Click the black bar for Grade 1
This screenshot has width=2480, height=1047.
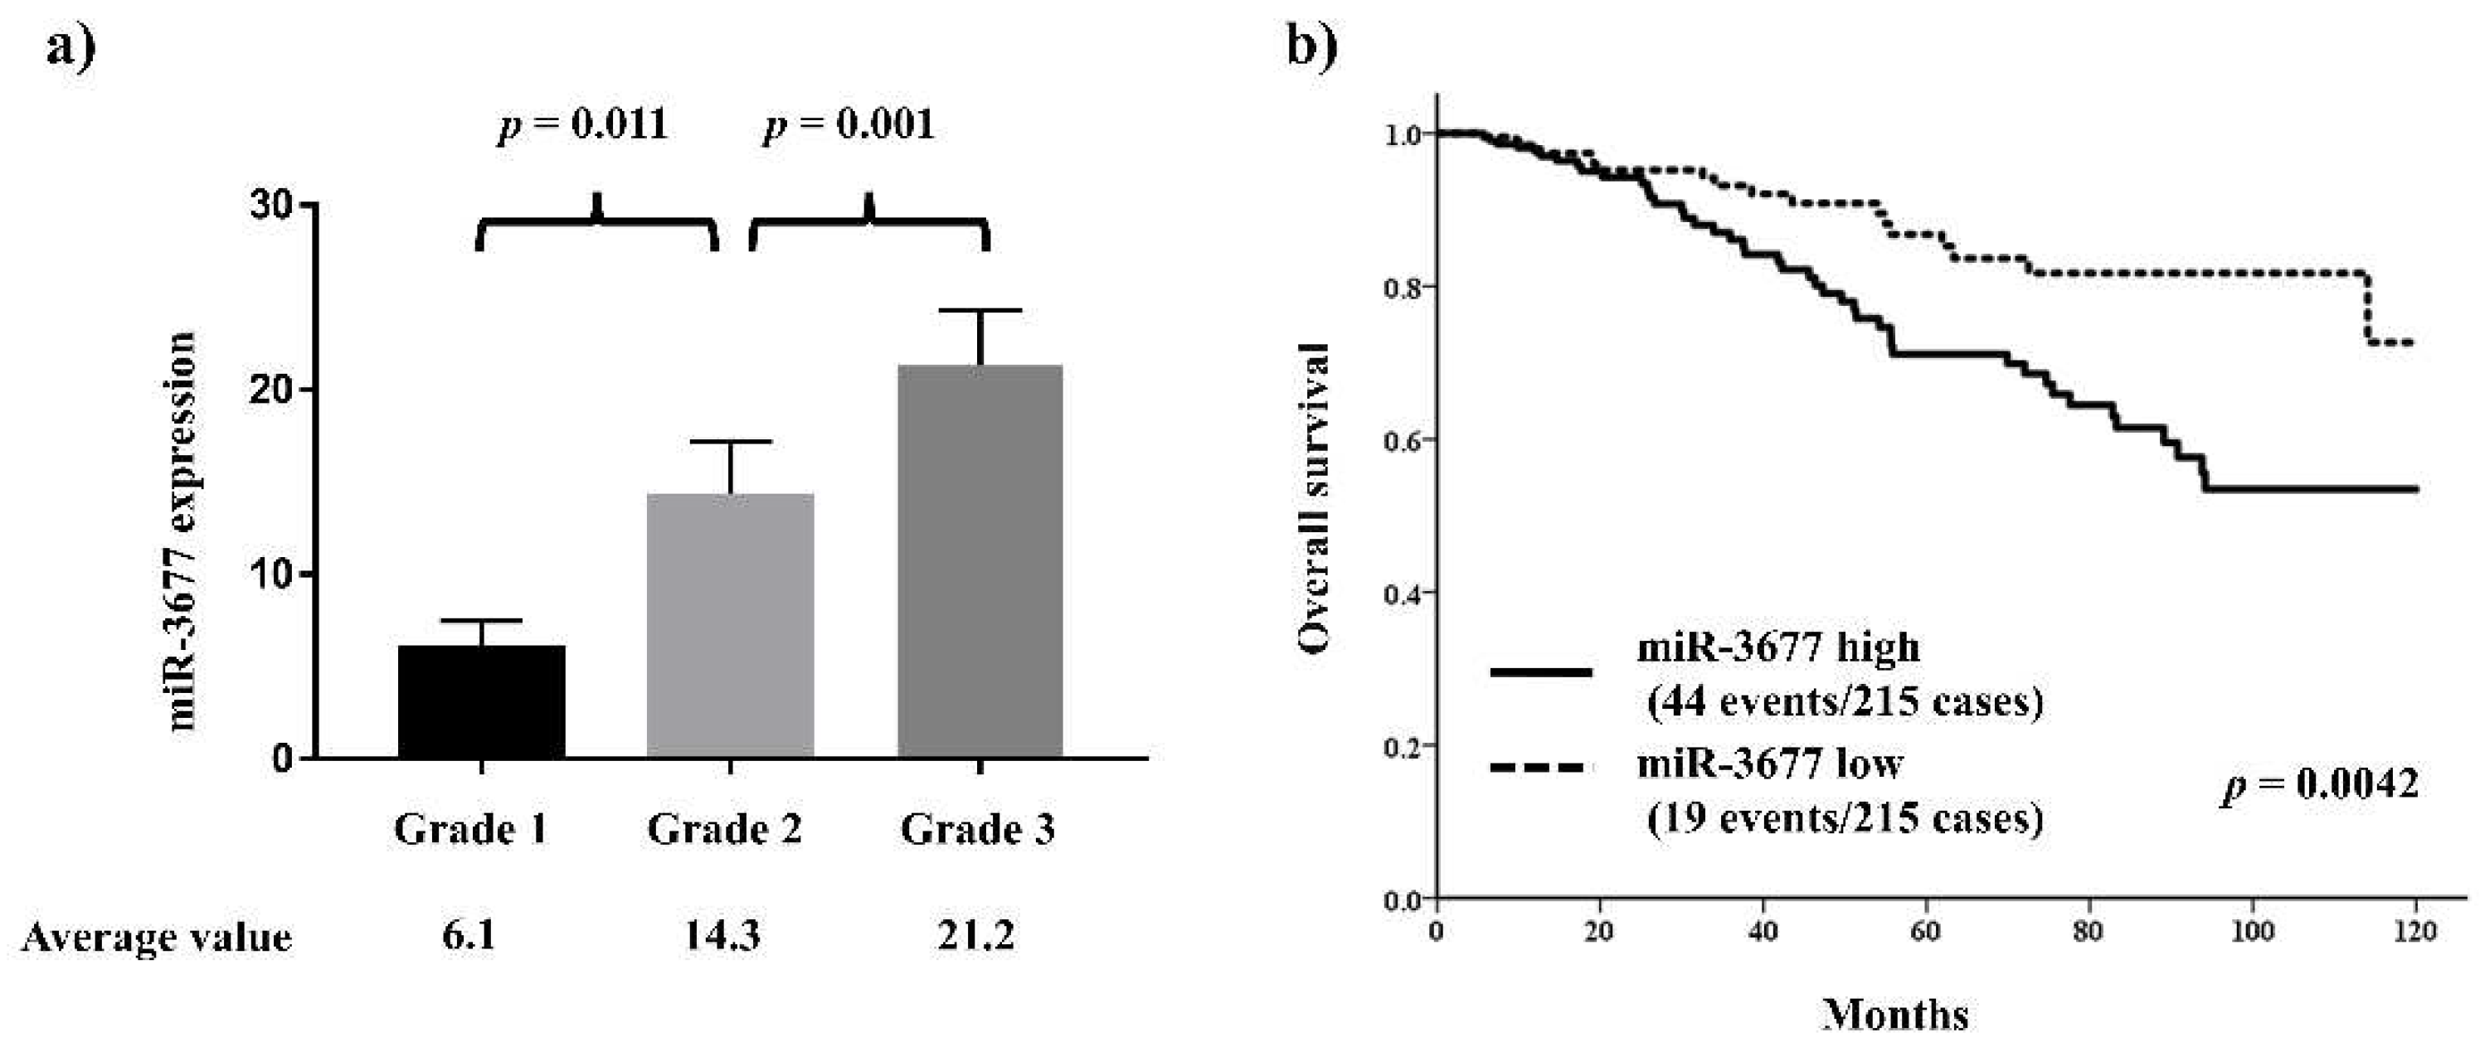[480, 701]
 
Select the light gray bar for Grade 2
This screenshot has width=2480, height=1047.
[730, 626]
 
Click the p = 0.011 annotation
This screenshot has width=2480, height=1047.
[582, 125]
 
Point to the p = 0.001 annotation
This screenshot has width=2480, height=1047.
[849, 125]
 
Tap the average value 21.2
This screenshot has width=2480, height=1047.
[975, 934]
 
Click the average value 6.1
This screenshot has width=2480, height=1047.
[469, 934]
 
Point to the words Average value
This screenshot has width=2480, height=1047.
[156, 937]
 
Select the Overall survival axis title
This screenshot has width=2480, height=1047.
[1314, 498]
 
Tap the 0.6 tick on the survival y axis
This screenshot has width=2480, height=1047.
[1402, 440]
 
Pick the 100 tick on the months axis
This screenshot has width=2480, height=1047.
[2252, 932]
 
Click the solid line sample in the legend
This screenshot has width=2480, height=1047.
[1540, 672]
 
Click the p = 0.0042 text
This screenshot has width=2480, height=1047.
[2319, 784]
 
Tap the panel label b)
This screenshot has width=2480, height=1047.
[1312, 46]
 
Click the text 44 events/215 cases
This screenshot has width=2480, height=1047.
[1845, 701]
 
